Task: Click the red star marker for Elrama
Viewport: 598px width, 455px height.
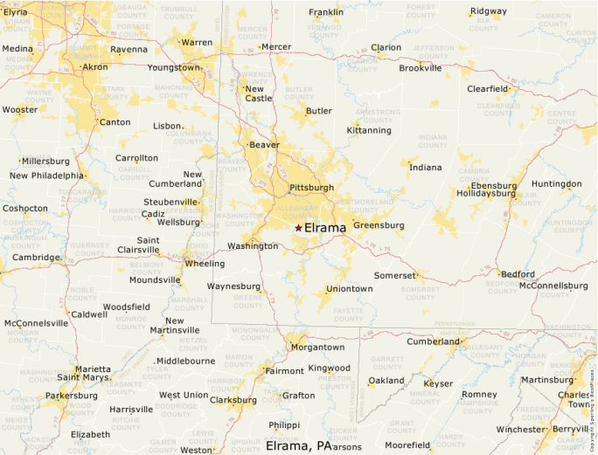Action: pos(298,228)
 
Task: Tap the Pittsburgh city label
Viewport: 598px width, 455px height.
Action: pos(311,188)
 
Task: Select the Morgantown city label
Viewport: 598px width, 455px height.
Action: pos(317,347)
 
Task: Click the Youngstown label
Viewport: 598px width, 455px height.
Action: pos(174,67)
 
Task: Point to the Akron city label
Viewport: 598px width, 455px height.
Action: pos(94,66)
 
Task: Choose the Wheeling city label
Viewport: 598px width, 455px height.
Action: pos(205,263)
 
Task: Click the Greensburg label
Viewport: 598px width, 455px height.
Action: pos(379,225)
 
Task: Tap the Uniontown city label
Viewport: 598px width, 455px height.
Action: pos(349,288)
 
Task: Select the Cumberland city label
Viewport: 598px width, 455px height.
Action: pos(432,341)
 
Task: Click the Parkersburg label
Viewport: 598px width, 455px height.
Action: pos(72,396)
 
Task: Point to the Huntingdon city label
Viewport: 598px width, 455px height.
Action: pos(556,184)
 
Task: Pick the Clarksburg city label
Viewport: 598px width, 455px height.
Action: pos(233,400)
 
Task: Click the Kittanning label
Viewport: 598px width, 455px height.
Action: pos(369,130)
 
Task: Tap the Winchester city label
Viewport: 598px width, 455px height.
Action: pos(520,429)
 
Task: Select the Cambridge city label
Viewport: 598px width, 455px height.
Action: pos(35,258)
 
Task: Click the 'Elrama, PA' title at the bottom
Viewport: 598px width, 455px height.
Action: pos(298,445)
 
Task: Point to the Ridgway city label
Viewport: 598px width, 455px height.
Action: pos(488,11)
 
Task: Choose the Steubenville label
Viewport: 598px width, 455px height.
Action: pos(171,202)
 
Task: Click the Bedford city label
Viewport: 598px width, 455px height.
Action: pos(518,273)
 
